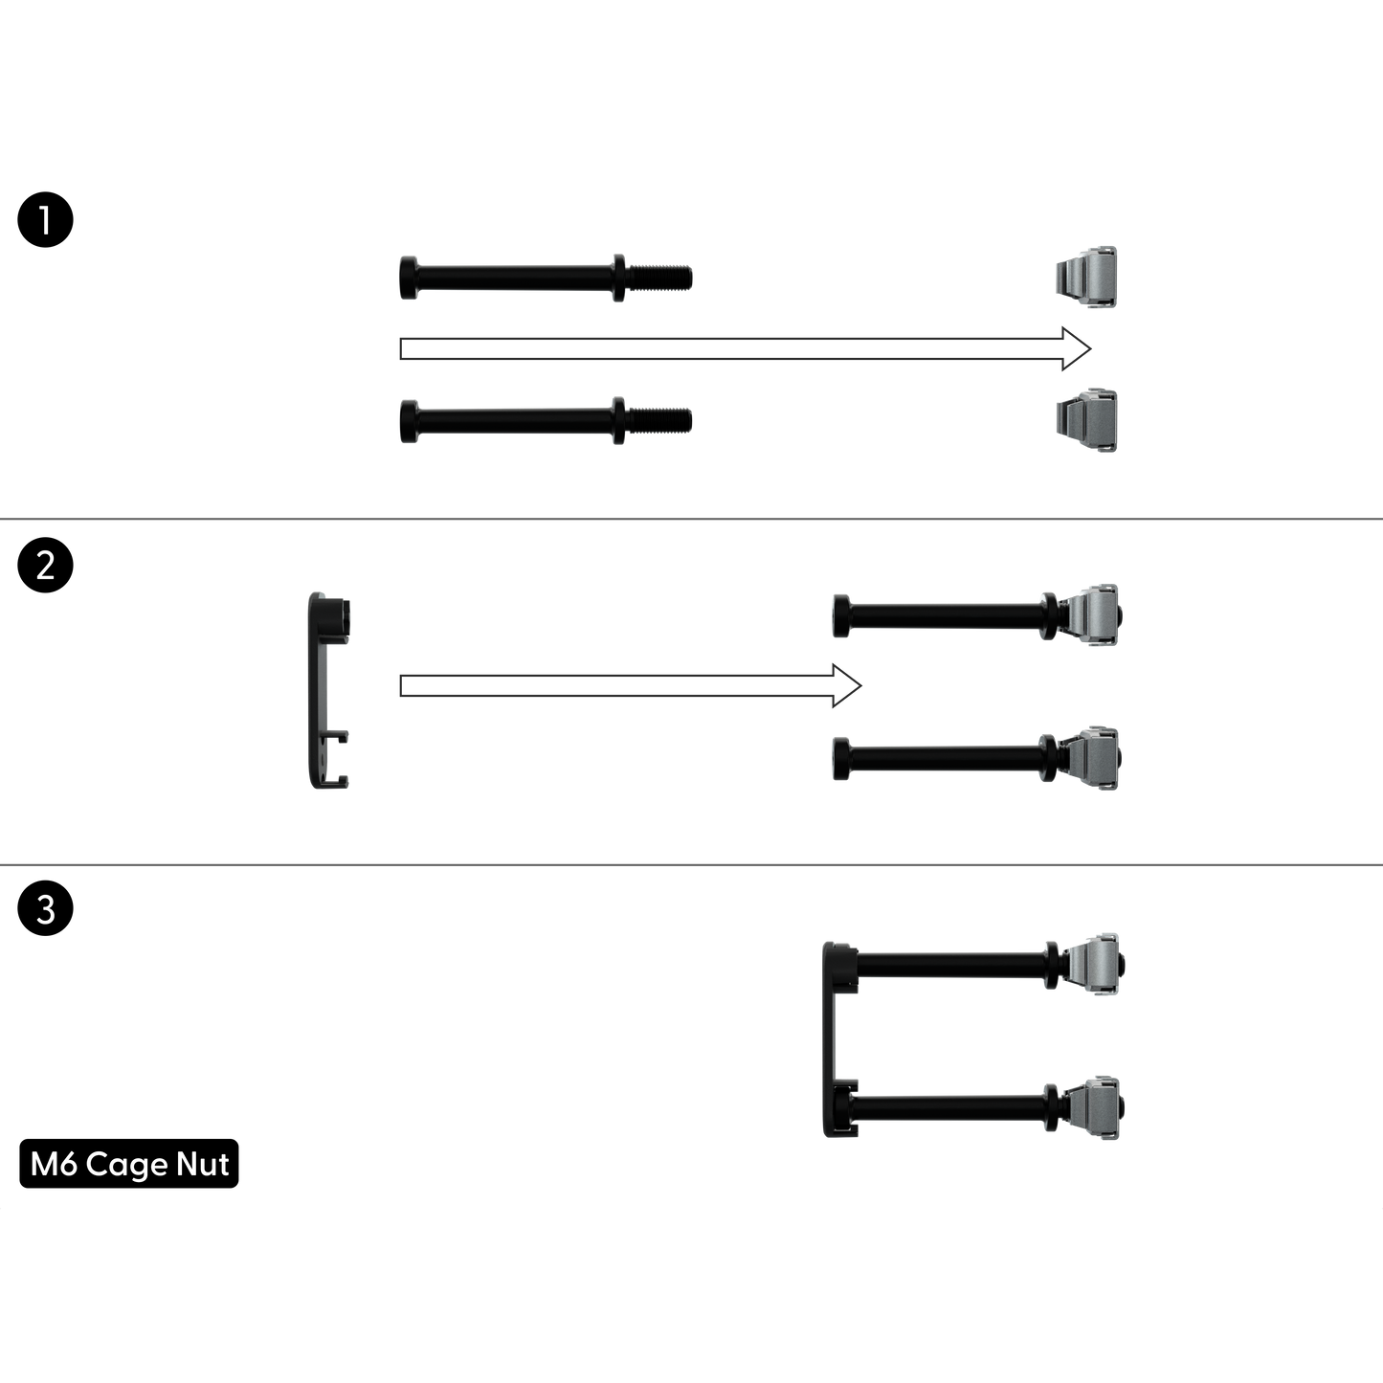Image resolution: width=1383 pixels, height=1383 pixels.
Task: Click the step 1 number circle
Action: (45, 219)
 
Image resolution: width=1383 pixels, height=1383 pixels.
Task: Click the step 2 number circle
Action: (45, 566)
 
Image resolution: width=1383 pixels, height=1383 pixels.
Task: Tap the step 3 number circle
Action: (45, 908)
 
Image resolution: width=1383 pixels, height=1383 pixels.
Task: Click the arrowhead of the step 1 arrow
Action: (1077, 348)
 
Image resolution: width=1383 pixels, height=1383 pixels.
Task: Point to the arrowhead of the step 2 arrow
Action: (847, 686)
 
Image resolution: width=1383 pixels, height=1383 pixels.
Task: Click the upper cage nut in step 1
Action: (1086, 277)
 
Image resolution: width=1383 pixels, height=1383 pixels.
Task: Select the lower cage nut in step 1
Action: (1086, 420)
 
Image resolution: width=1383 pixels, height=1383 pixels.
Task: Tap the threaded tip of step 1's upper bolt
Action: (658, 278)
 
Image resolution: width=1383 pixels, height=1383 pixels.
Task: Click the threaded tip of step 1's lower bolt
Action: (658, 420)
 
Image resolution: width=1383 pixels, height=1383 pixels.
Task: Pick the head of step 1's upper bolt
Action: (409, 277)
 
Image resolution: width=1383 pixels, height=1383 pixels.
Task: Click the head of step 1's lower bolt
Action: (409, 420)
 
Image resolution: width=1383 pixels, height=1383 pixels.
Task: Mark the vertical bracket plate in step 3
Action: (830, 1039)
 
